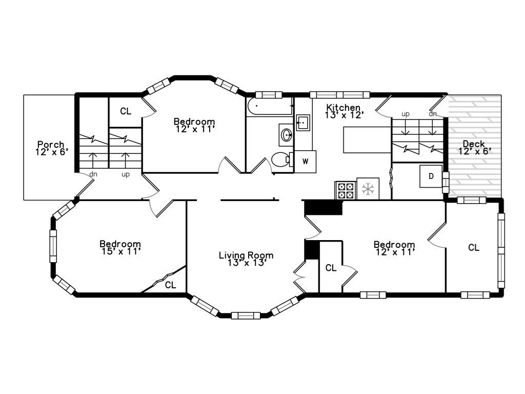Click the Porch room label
click(51, 145)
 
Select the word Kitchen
click(344, 108)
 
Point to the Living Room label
click(246, 255)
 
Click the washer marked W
click(306, 162)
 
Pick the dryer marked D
click(431, 176)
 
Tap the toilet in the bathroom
click(280, 160)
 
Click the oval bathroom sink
click(286, 135)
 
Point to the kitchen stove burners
click(345, 190)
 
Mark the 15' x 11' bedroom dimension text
click(120, 252)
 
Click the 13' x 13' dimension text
click(246, 263)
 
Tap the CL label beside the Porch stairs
click(126, 111)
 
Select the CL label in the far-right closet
click(474, 248)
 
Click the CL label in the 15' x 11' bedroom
click(170, 285)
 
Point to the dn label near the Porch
click(93, 174)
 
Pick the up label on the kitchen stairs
click(405, 114)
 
